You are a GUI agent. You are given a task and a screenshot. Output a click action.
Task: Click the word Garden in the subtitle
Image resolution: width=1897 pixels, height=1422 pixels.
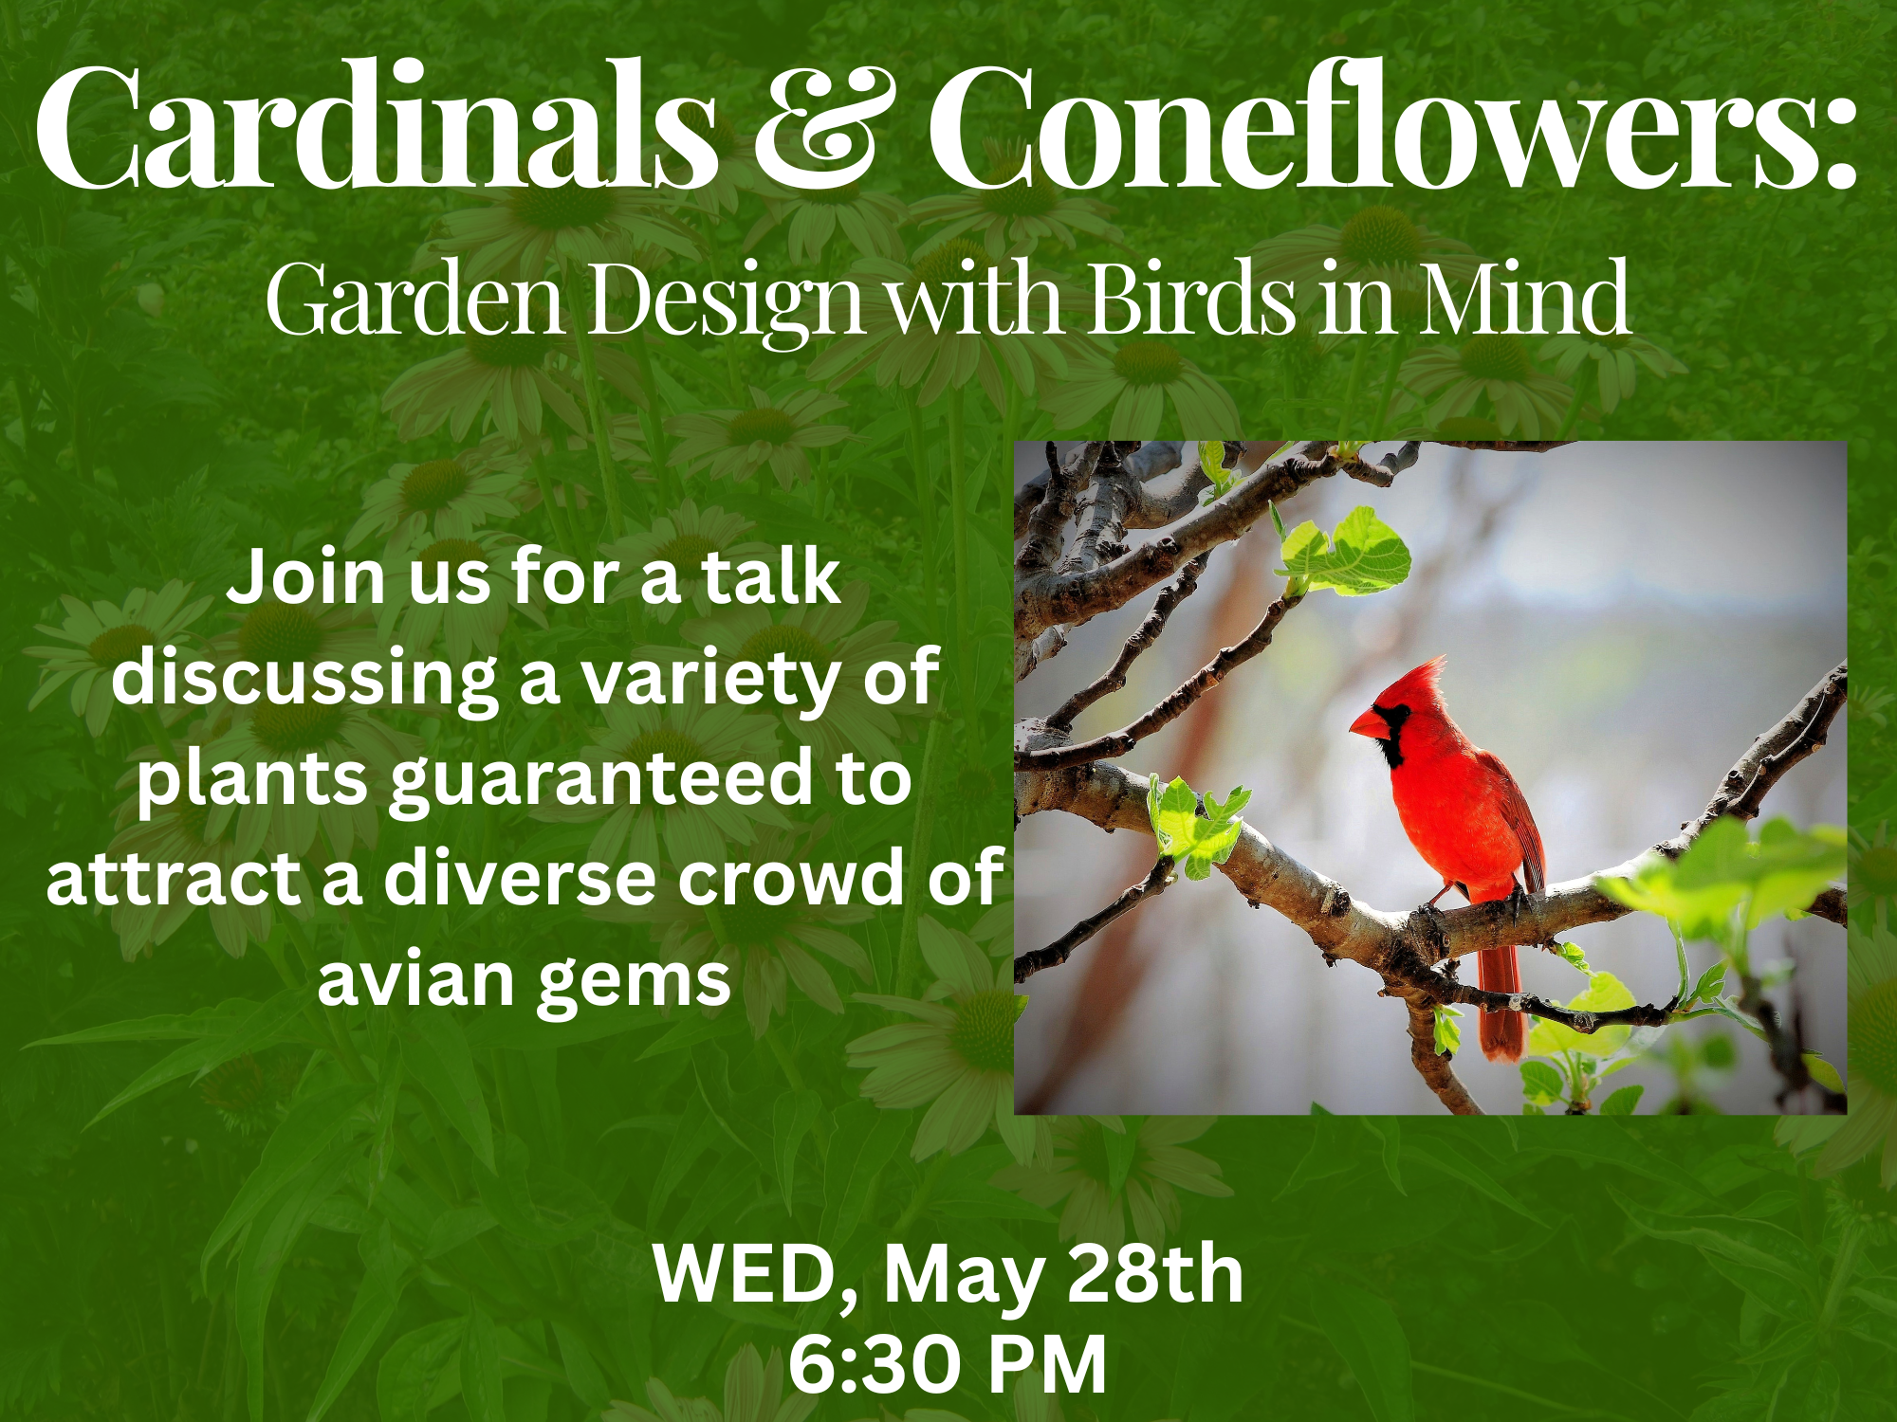415,298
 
